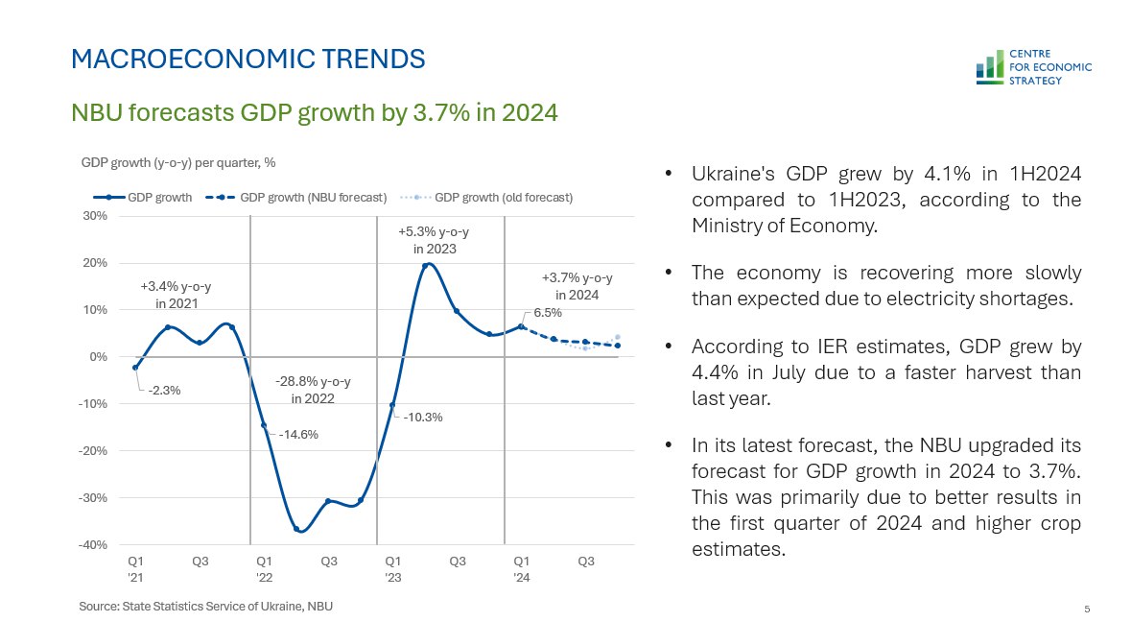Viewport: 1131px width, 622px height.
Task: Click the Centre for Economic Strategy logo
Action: click(x=1032, y=67)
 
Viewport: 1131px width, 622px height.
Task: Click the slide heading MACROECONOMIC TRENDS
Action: click(x=248, y=60)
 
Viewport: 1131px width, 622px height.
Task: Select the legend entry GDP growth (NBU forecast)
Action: click(x=296, y=198)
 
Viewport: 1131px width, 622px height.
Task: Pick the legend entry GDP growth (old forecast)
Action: click(x=486, y=198)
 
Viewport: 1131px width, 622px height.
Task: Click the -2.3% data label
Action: click(x=165, y=391)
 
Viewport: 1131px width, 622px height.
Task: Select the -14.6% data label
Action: click(x=298, y=434)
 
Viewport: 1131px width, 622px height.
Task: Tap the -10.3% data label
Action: click(x=423, y=418)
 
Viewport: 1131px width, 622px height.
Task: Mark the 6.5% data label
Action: click(x=548, y=313)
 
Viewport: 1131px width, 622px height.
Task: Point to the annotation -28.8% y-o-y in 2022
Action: click(x=313, y=390)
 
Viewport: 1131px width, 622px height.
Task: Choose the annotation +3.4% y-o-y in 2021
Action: click(x=176, y=295)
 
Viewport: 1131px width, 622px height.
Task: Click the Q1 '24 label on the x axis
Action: click(x=521, y=569)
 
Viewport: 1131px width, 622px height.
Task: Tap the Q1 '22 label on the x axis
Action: click(x=264, y=569)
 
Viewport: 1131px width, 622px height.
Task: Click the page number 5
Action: click(x=1087, y=609)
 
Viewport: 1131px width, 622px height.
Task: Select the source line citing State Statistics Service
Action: click(x=206, y=607)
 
